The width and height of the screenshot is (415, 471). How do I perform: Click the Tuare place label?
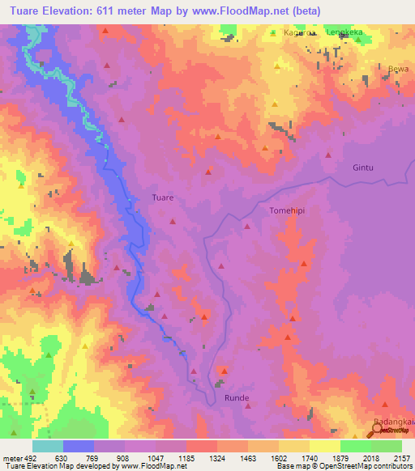[x=163, y=197]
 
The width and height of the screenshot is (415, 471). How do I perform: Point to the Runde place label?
[x=237, y=398]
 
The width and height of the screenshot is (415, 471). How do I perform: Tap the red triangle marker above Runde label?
[x=225, y=371]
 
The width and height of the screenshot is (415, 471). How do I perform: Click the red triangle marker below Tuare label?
[x=172, y=221]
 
